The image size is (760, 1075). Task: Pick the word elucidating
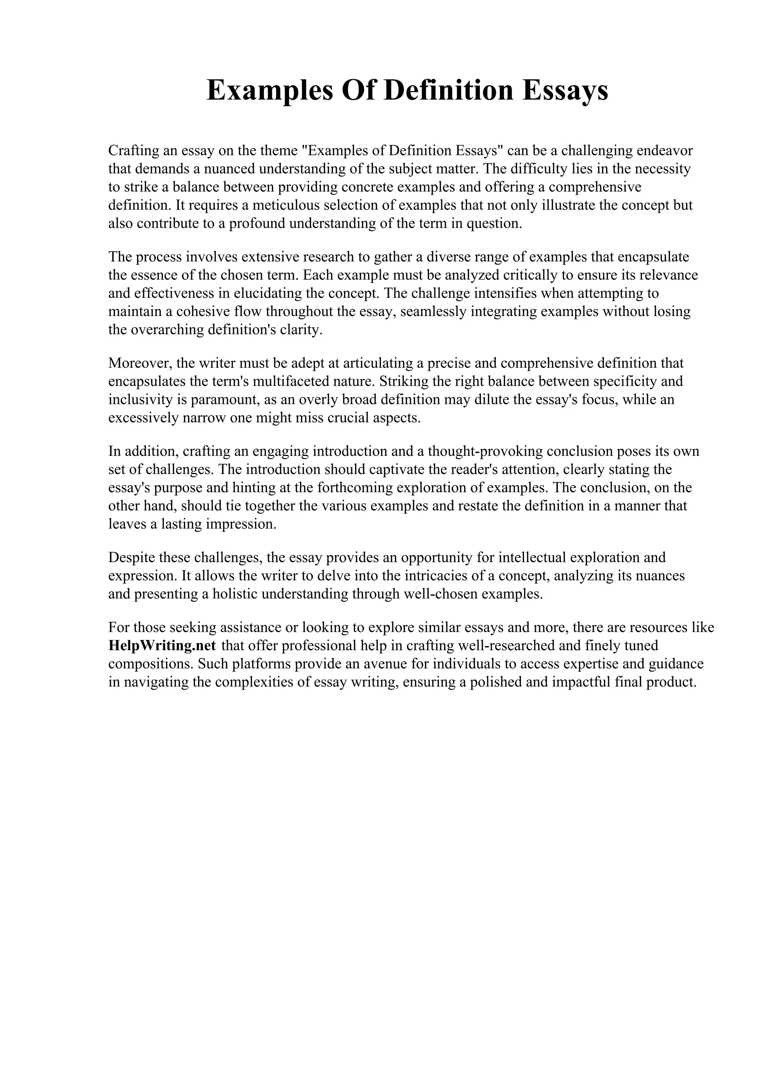click(268, 293)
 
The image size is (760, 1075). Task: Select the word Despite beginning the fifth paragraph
click(132, 558)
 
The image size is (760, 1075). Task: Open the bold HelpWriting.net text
click(162, 646)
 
